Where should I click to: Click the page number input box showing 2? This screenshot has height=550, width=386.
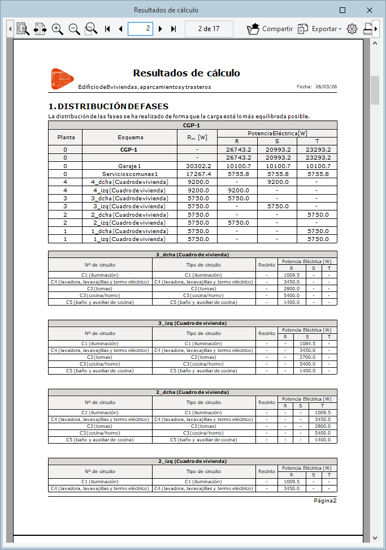tap(140, 29)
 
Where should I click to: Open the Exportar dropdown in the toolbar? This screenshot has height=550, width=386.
tap(320, 29)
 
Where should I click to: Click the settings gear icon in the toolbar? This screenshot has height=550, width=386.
tap(352, 29)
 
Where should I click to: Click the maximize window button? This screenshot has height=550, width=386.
tap(342, 10)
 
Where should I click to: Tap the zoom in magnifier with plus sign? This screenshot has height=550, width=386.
tap(57, 29)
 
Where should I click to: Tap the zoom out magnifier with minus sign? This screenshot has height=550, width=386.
tap(74, 29)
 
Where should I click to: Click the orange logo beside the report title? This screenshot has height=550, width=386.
tap(62, 79)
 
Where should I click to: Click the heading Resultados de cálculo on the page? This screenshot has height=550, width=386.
tap(187, 73)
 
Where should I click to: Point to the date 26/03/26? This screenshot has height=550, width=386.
tap(326, 87)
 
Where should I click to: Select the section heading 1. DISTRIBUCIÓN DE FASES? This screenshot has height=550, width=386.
tap(109, 106)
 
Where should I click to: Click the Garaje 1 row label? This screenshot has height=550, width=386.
tap(130, 166)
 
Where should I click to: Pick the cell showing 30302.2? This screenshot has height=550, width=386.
tap(197, 166)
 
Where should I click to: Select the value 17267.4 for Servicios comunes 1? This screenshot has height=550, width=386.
tap(197, 174)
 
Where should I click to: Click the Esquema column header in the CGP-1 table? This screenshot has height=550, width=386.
tap(130, 137)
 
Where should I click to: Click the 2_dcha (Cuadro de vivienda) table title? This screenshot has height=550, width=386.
tap(192, 392)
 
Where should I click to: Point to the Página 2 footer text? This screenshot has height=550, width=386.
tap(325, 500)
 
